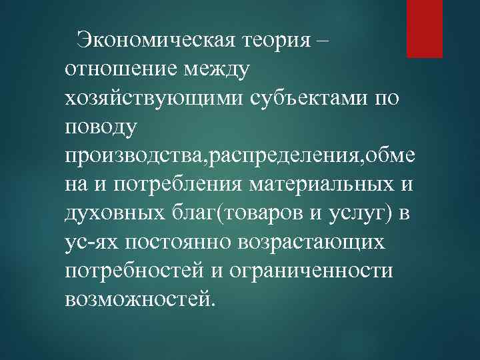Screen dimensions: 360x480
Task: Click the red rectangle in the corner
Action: (x=425, y=28)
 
